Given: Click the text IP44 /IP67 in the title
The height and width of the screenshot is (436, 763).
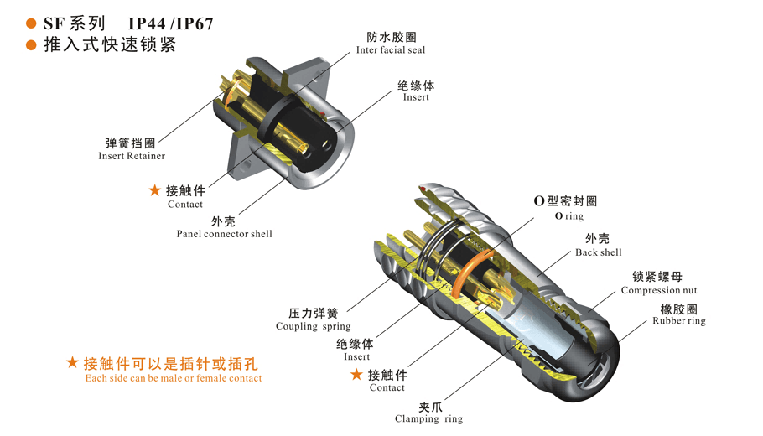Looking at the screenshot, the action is (x=170, y=23).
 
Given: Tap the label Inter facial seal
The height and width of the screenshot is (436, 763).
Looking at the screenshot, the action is (x=391, y=49).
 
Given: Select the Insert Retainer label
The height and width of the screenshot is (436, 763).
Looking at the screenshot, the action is (x=132, y=156).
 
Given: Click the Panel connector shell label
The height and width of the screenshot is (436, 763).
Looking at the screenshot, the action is (x=225, y=234).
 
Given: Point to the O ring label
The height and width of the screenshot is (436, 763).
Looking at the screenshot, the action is (x=568, y=216).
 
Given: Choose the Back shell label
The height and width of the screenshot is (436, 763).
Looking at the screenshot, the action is (x=599, y=252).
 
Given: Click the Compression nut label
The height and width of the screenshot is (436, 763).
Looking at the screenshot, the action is (x=659, y=290).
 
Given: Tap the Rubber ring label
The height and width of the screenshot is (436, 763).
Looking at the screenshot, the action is (x=679, y=320).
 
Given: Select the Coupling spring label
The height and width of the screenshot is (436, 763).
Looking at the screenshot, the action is (x=313, y=326).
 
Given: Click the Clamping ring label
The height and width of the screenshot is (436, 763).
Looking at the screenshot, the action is (x=428, y=419).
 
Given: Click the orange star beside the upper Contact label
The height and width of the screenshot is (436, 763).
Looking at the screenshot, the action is (x=155, y=189).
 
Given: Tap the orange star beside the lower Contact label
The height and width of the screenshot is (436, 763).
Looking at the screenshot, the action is (x=356, y=374).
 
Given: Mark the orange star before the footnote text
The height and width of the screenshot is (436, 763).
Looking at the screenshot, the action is (x=72, y=362).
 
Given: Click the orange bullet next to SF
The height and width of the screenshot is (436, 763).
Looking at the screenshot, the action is (x=31, y=23).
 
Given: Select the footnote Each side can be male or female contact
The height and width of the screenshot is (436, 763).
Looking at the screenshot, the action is (x=174, y=378).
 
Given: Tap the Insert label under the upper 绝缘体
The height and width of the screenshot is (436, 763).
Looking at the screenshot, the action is (x=416, y=96).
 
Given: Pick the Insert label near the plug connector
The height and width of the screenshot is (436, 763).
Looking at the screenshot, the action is (x=356, y=356).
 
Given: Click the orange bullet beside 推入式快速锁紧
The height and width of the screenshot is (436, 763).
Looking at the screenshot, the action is (x=31, y=45).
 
